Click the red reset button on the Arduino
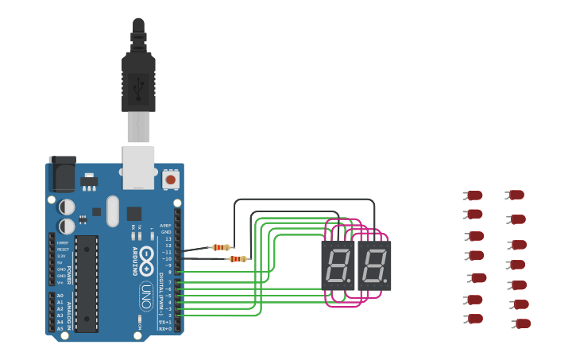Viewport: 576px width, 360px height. click(x=170, y=180)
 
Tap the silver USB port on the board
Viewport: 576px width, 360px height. click(x=138, y=167)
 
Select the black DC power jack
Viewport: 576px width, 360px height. click(x=63, y=173)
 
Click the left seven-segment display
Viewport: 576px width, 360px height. click(x=338, y=265)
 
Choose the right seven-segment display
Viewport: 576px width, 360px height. click(x=374, y=265)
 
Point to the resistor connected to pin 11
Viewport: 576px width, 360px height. click(x=221, y=247)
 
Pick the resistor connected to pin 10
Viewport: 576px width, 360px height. click(x=238, y=258)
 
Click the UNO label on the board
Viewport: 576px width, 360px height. click(x=146, y=296)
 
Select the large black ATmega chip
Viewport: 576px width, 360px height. click(x=87, y=283)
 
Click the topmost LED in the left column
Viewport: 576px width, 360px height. click(x=474, y=195)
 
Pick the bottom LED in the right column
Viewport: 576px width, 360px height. click(x=522, y=323)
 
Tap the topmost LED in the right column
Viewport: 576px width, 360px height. click(x=515, y=194)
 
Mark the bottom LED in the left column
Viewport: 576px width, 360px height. click(x=474, y=319)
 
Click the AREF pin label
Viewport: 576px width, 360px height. click(x=165, y=226)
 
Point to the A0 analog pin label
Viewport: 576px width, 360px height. click(x=60, y=296)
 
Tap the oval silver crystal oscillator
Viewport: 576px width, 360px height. click(x=113, y=211)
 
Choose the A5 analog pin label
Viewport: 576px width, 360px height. click(x=60, y=328)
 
